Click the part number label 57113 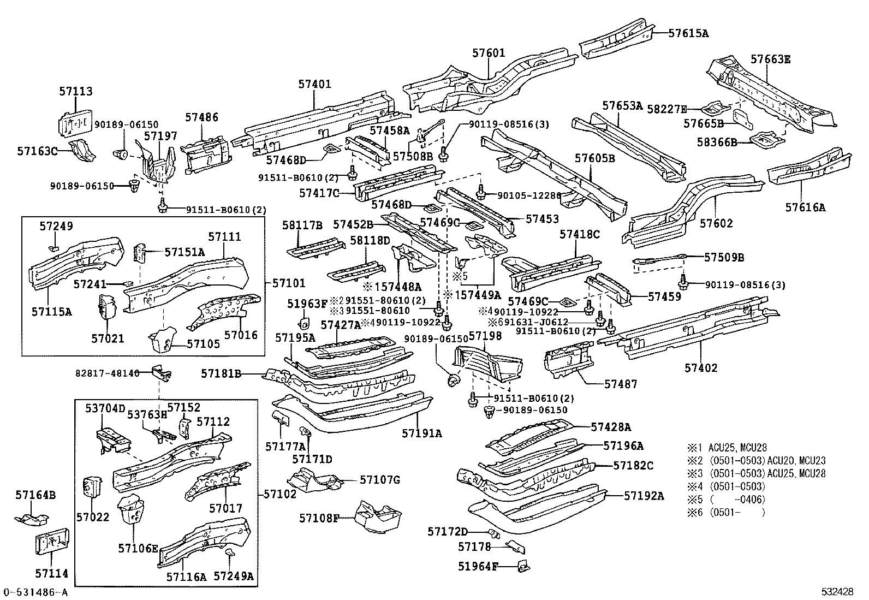76,92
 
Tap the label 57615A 688,33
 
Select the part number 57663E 770,59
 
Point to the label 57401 314,84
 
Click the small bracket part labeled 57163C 82,150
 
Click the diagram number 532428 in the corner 838,592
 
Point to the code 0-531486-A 35,592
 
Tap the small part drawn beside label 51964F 525,567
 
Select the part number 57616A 805,207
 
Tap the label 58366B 717,142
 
